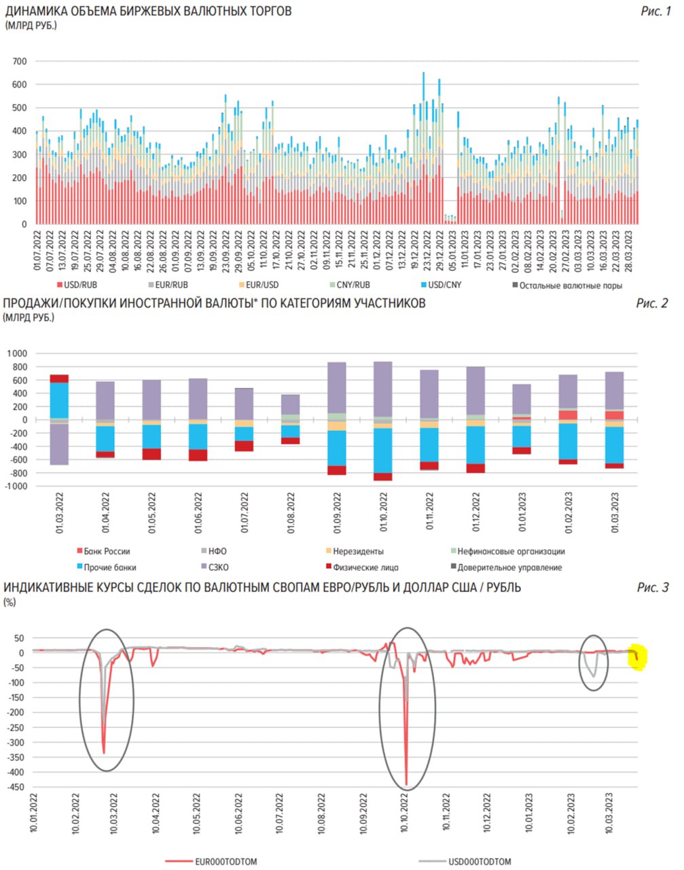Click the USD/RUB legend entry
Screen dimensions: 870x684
(x=78, y=285)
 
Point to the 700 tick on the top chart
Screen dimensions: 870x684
(x=20, y=61)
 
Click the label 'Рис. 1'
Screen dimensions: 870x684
(x=655, y=11)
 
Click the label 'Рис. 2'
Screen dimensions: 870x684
(x=652, y=303)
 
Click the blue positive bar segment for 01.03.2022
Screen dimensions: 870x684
(x=59, y=400)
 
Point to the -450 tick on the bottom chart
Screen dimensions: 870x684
(x=15, y=786)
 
